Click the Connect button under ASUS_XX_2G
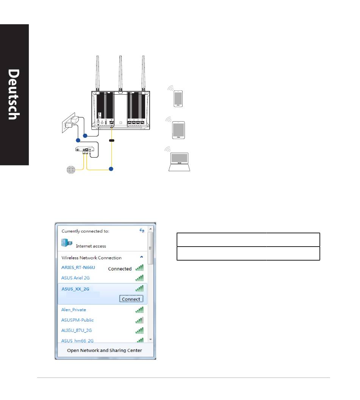[131, 299]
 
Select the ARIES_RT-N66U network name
[78, 267]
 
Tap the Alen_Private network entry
[74, 310]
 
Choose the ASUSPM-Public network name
[77, 320]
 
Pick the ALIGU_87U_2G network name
[76, 330]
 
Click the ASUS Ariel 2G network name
[75, 278]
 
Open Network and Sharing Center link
[104, 350]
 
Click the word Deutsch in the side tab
[14, 94]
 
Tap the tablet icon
[178, 130]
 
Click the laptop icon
[179, 162]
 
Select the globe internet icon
[71, 170]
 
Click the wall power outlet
[69, 123]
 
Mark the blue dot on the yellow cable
[111, 169]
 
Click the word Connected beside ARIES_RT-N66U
[120, 269]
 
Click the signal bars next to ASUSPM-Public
[139, 320]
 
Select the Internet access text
[91, 246]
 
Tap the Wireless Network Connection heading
[91, 258]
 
